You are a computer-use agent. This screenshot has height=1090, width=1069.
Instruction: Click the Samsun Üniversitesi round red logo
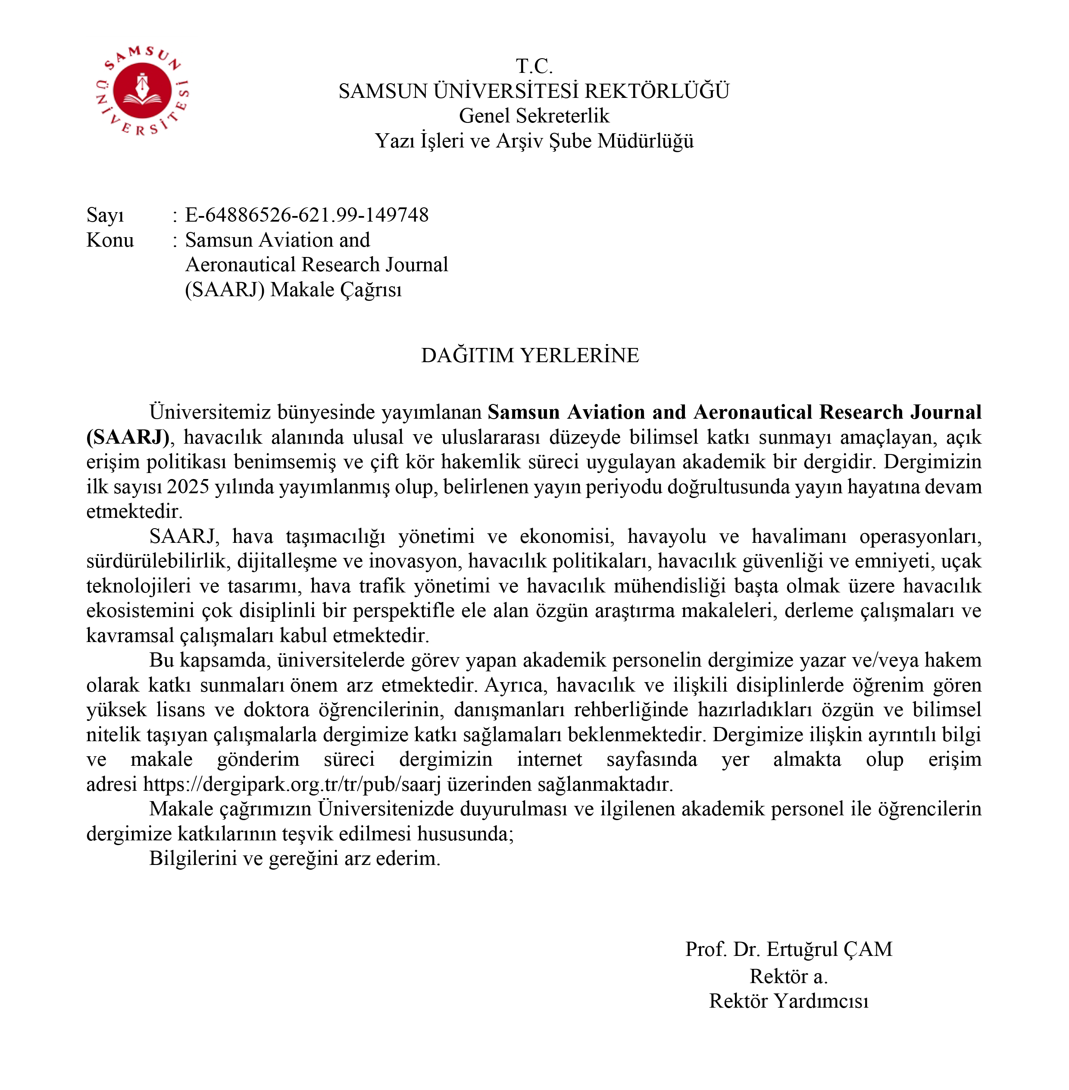pyautogui.click(x=142, y=91)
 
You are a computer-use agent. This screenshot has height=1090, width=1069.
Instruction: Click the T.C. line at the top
pyautogui.click(x=534, y=66)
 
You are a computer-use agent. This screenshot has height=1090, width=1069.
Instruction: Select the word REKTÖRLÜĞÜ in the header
pyautogui.click(x=657, y=91)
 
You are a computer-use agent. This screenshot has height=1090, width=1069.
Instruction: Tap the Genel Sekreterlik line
pyautogui.click(x=534, y=116)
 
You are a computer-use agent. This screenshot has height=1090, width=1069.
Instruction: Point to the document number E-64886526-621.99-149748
pyautogui.click(x=306, y=215)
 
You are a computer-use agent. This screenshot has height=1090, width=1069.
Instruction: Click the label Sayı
pyautogui.click(x=105, y=215)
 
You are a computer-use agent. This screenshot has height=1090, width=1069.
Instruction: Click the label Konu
pyautogui.click(x=110, y=240)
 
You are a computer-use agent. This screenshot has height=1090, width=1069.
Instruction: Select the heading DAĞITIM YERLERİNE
pyautogui.click(x=530, y=355)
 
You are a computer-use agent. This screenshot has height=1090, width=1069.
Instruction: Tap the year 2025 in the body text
pyautogui.click(x=188, y=486)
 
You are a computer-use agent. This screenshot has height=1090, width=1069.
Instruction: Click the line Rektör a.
pyautogui.click(x=788, y=976)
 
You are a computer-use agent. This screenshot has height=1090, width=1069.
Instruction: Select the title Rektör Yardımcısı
pyautogui.click(x=788, y=1001)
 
